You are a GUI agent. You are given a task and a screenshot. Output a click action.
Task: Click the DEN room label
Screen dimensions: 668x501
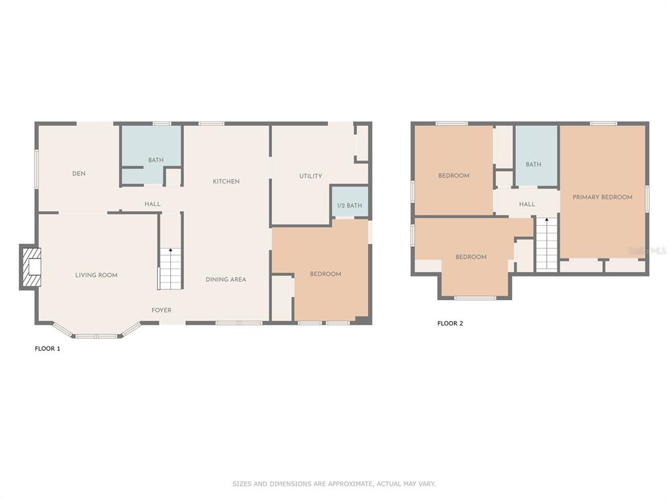click(x=79, y=174)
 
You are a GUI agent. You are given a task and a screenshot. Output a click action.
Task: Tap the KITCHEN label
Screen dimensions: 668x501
click(x=226, y=181)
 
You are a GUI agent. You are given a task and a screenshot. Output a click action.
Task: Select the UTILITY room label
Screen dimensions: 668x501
click(x=311, y=176)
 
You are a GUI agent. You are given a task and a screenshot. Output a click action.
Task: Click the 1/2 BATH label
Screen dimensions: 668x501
click(x=350, y=205)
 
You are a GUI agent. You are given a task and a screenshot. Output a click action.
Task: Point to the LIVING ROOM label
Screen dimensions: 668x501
click(x=97, y=275)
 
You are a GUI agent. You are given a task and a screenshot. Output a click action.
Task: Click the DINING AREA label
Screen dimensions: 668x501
click(x=226, y=279)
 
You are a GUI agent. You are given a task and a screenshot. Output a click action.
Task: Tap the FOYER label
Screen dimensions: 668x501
click(x=162, y=310)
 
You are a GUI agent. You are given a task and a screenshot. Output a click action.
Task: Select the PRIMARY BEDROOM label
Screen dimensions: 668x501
click(x=602, y=197)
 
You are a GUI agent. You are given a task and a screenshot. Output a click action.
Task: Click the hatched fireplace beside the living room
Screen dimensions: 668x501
click(x=31, y=267)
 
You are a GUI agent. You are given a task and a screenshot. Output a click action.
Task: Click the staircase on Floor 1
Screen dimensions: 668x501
click(x=170, y=268)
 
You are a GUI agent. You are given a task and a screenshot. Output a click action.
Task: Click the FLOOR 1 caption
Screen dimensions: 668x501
click(x=47, y=348)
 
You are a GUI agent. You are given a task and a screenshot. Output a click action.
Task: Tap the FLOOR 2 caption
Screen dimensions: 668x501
click(x=450, y=324)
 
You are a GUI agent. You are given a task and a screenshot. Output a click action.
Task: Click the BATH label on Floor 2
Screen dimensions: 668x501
click(x=534, y=164)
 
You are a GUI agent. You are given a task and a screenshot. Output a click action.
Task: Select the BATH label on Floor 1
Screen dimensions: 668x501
click(x=156, y=160)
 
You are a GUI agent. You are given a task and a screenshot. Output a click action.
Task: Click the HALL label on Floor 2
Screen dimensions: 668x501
click(x=527, y=204)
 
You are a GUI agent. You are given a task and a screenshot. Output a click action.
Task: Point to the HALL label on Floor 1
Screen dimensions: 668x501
click(x=153, y=204)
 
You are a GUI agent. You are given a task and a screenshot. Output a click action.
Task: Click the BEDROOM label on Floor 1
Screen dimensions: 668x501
click(x=326, y=274)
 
